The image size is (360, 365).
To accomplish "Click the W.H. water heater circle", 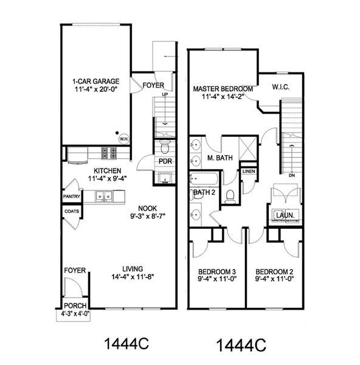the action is [x=124, y=139].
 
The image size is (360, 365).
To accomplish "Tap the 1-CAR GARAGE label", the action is [x=96, y=82].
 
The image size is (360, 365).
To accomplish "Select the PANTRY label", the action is [x=71, y=196].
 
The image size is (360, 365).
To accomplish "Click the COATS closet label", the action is [x=72, y=211].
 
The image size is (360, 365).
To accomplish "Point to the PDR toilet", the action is [x=165, y=147].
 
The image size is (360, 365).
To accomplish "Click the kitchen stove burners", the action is [x=109, y=153].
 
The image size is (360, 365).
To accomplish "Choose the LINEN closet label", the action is [x=249, y=172].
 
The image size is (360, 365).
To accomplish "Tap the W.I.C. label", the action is [x=281, y=87].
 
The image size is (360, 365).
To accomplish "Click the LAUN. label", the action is [x=285, y=215].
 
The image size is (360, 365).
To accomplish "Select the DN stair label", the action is [x=292, y=175].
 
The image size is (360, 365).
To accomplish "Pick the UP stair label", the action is [x=165, y=94].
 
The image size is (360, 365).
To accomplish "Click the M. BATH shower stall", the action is [x=248, y=148].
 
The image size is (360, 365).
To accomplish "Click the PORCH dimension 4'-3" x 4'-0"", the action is [x=75, y=314].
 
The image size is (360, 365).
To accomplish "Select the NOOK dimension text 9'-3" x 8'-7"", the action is [x=148, y=216].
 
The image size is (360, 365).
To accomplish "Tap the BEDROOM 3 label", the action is [x=217, y=272].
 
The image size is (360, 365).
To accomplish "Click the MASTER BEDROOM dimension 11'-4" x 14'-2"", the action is [x=223, y=96].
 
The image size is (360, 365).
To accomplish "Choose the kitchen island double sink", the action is [x=104, y=196].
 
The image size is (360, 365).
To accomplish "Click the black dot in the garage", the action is [x=117, y=133].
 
